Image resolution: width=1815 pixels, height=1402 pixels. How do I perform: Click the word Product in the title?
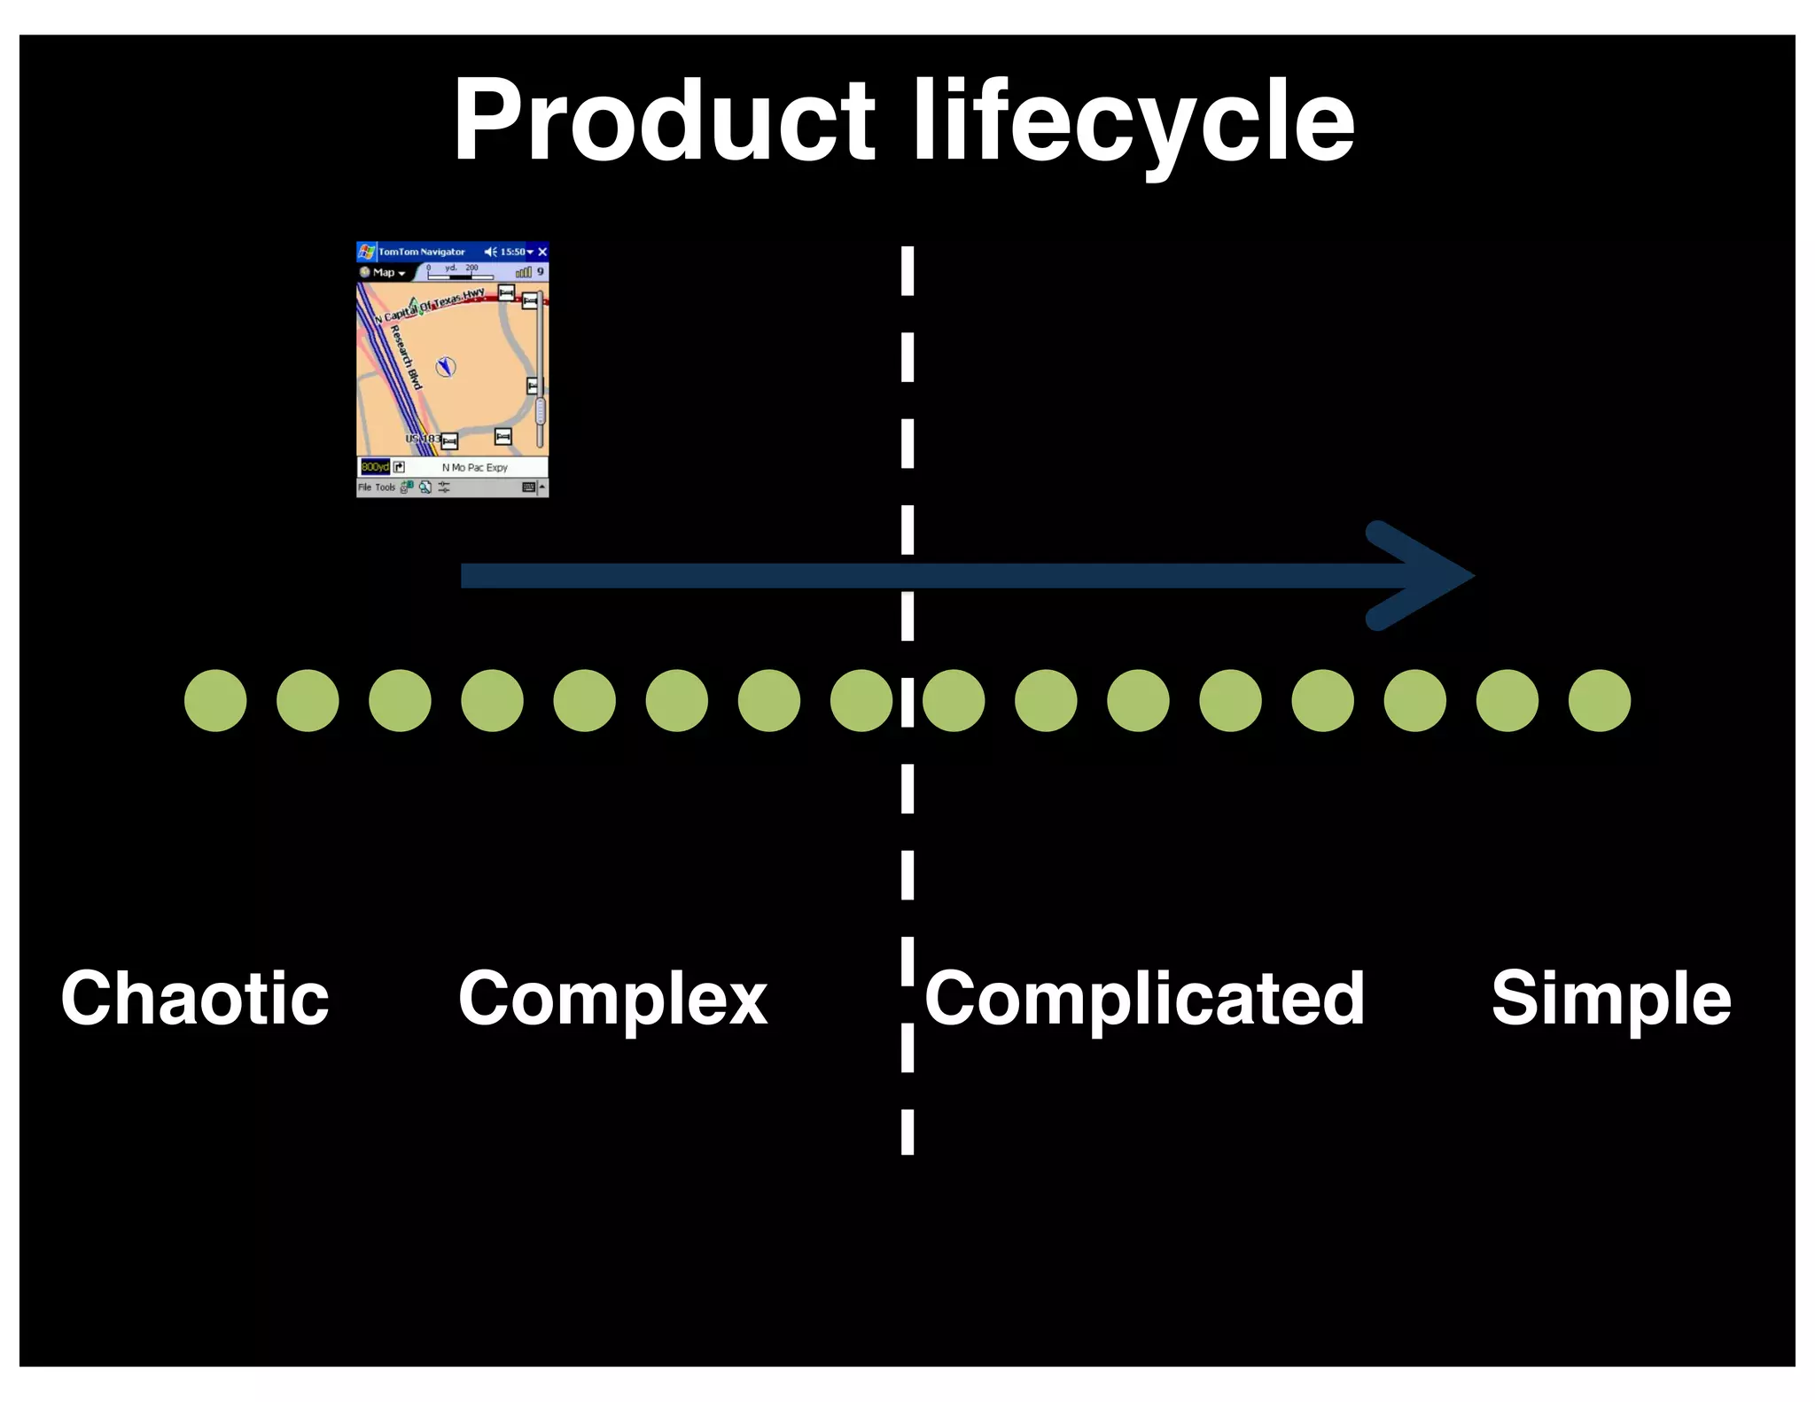tap(665, 121)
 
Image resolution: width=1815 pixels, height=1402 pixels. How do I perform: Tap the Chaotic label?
tap(195, 999)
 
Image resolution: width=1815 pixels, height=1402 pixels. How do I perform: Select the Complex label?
tap(612, 999)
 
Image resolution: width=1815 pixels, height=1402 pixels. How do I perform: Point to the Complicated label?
tap(1144, 999)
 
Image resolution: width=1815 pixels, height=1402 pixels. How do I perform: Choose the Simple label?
tap(1610, 999)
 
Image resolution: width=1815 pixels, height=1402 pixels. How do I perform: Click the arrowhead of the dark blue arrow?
tap(1427, 576)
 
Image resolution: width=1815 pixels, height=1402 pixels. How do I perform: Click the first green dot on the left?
tap(215, 700)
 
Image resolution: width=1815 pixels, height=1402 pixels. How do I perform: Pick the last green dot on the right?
tap(1599, 700)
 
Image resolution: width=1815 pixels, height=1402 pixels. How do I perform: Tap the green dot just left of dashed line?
tap(861, 700)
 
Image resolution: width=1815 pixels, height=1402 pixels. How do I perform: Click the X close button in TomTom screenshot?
tap(542, 253)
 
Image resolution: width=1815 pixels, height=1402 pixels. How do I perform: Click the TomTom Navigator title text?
tap(422, 253)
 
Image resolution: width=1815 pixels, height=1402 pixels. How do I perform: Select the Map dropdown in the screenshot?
tap(386, 273)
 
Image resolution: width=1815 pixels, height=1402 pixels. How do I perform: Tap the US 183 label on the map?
tap(422, 439)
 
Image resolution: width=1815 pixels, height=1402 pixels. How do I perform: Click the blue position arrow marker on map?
tap(446, 366)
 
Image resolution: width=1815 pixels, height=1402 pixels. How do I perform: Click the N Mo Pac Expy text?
tap(475, 467)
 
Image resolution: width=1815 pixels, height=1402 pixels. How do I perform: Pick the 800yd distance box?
tap(374, 467)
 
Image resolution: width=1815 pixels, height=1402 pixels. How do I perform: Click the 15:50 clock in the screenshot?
tap(512, 253)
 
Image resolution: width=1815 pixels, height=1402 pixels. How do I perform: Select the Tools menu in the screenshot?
tap(385, 487)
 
